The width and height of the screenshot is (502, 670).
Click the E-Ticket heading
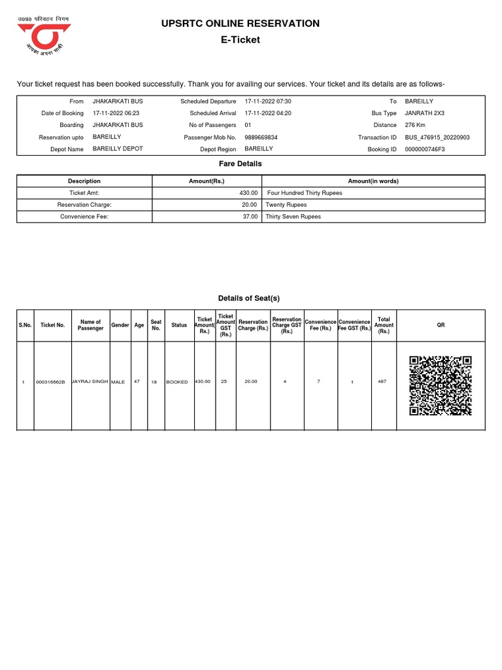click(241, 40)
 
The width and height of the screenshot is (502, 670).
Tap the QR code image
click(441, 385)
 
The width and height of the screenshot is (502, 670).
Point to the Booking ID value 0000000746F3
click(426, 149)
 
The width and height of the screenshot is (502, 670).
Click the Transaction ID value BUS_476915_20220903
click(437, 137)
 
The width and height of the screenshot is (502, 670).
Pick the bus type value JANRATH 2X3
click(424, 113)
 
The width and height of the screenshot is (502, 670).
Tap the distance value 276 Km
click(416, 125)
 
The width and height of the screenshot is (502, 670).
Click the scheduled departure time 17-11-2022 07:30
click(268, 101)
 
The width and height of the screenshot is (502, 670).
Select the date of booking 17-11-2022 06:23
click(116, 113)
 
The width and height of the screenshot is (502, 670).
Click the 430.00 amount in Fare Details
click(249, 193)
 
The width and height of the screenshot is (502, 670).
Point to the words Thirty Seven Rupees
click(293, 217)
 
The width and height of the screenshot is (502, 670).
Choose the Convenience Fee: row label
click(84, 217)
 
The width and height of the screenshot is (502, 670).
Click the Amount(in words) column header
click(373, 181)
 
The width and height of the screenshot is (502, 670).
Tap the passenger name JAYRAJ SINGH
click(90, 380)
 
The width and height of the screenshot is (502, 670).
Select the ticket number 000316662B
click(51, 381)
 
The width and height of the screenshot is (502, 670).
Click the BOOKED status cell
click(177, 381)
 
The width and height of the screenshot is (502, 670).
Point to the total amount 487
click(383, 381)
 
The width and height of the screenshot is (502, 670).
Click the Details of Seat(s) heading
click(248, 298)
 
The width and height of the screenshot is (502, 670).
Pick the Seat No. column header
click(156, 325)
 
